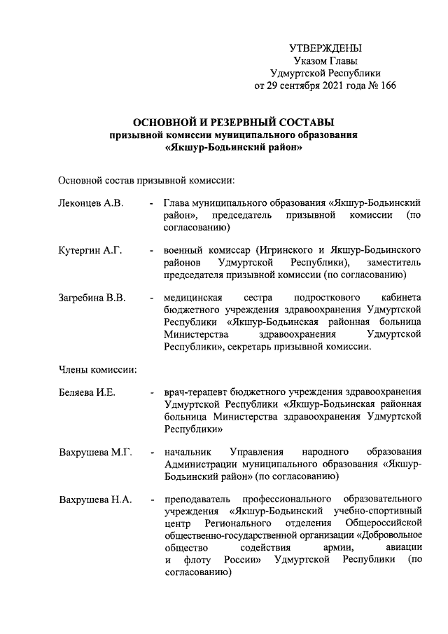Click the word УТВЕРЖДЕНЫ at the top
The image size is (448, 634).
[326, 48]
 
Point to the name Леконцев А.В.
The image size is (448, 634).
[91, 202]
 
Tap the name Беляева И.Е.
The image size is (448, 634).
[87, 392]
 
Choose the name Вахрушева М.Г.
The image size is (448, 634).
[96, 453]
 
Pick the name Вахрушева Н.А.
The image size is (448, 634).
[95, 500]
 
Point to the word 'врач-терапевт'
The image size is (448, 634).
[194, 392]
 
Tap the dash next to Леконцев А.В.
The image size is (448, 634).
[153, 202]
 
